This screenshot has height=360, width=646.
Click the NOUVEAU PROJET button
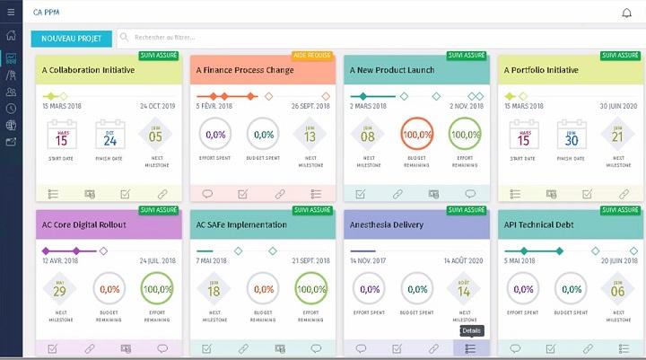coord(71,39)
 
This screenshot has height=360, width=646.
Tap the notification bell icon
coord(626,13)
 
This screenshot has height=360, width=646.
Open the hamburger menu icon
coord(11,13)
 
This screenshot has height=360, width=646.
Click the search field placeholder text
coord(165,38)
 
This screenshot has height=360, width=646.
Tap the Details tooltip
coord(472,330)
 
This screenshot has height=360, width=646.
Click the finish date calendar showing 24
coord(109,136)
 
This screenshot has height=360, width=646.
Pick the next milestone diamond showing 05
coord(156,136)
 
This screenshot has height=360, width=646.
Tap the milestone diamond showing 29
coord(61,290)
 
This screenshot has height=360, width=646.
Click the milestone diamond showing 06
coord(617,290)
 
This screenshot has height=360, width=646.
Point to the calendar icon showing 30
coord(571,136)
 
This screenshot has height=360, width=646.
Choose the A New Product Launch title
coord(392,70)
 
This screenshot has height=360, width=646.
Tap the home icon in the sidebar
coord(11,37)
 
